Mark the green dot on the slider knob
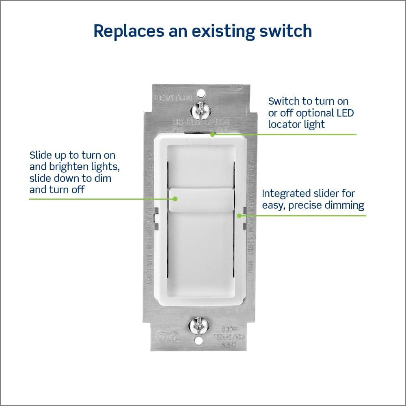tap(175, 199)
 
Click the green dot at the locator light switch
tap(212, 134)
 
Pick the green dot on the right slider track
tap(240, 216)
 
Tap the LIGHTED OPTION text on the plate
tap(201, 121)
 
